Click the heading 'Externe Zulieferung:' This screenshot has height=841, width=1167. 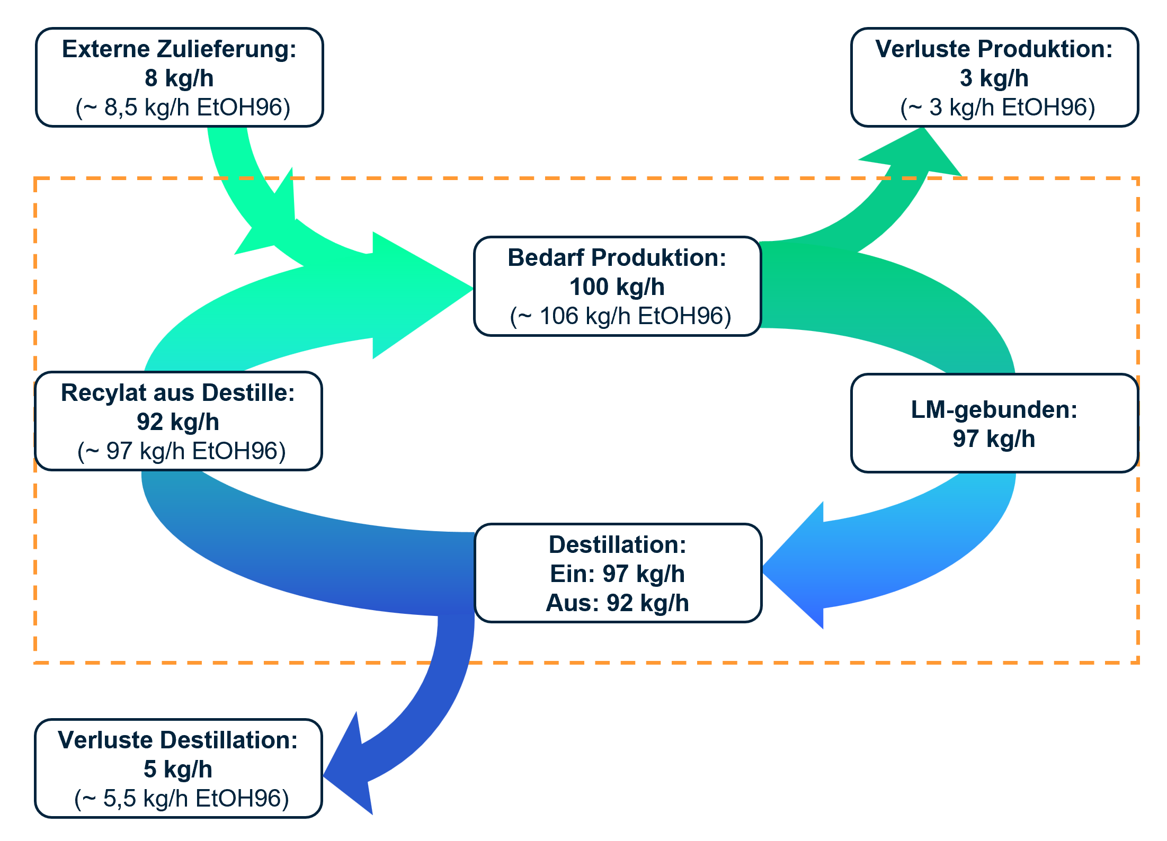179,49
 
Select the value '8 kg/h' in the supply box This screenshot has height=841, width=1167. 179,78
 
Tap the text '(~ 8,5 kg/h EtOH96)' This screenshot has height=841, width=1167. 183,108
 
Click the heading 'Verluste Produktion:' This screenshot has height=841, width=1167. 994,49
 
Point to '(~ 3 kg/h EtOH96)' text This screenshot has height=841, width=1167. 997,108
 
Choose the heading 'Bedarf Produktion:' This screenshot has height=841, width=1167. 617,258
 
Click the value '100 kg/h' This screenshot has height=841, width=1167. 617,287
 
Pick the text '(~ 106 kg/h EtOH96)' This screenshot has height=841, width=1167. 620,316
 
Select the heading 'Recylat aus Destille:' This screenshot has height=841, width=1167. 178,393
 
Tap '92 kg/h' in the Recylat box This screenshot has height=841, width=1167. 178,422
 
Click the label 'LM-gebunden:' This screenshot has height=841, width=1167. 994,410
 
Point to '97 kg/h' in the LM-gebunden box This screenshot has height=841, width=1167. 994,439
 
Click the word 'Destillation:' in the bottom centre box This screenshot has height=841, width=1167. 617,545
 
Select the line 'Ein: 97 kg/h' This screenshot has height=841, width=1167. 617,574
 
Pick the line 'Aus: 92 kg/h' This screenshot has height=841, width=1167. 617,603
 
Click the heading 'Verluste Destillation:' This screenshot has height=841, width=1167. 178,740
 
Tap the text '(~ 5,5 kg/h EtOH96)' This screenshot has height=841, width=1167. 182,799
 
